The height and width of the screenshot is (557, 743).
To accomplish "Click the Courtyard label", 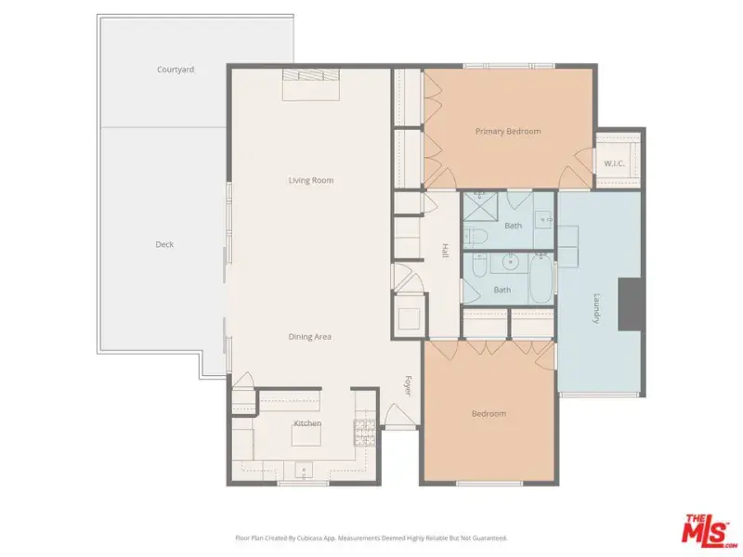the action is (x=176, y=70).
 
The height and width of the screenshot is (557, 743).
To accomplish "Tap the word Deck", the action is (x=164, y=244).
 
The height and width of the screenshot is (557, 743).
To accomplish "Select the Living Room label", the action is (x=311, y=180).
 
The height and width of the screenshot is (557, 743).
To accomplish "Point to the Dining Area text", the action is (x=310, y=337).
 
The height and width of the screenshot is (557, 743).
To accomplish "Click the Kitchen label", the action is (x=307, y=423).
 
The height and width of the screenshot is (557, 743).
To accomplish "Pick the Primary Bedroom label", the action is (x=508, y=131).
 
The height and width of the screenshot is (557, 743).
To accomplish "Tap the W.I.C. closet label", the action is (x=614, y=164).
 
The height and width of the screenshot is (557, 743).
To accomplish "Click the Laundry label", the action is (x=597, y=309).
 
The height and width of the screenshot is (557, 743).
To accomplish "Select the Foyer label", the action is (x=408, y=386).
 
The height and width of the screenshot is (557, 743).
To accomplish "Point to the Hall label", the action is (x=445, y=251).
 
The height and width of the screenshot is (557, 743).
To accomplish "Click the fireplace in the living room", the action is (x=311, y=84).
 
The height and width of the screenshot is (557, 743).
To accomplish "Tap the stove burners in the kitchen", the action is (x=364, y=433).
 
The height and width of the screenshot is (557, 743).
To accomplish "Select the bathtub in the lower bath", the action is (x=541, y=278).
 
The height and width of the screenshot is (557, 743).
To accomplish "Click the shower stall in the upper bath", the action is (x=480, y=206).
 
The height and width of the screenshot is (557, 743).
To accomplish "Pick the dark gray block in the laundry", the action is (x=630, y=304).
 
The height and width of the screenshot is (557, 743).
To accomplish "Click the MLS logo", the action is (x=708, y=528).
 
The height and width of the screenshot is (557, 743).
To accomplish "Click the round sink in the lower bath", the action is (x=510, y=262).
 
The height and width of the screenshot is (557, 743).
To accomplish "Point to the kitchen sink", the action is (x=304, y=471).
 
